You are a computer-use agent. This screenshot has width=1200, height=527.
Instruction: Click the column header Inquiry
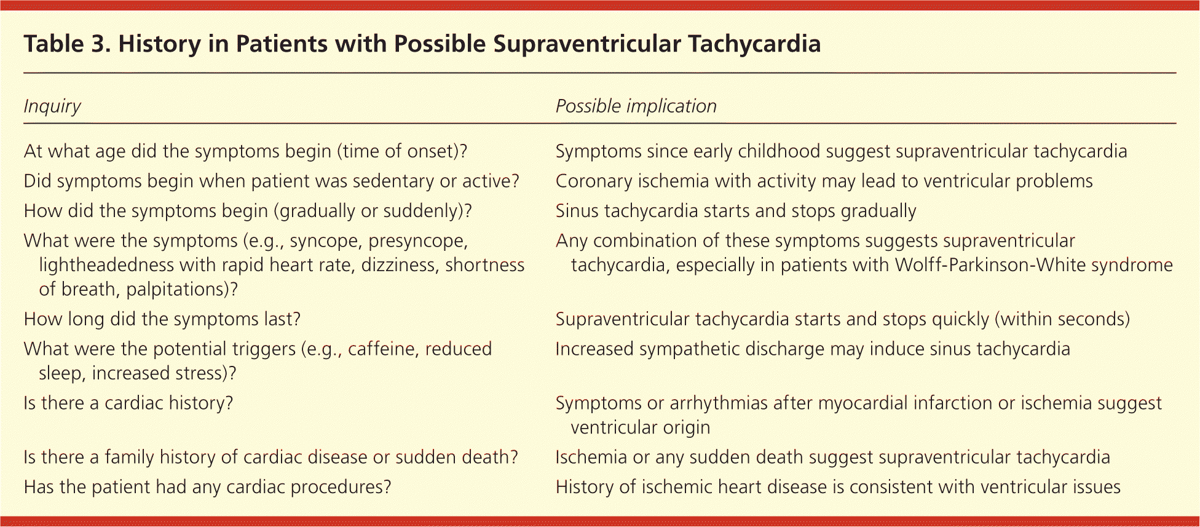[x=52, y=106]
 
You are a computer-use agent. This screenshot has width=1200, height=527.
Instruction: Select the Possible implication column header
[x=636, y=106]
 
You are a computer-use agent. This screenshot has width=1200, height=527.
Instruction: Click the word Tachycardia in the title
[x=754, y=44]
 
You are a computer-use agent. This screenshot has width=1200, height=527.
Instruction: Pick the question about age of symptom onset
[x=246, y=151]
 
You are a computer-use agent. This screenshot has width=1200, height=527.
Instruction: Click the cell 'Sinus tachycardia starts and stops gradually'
[x=736, y=211]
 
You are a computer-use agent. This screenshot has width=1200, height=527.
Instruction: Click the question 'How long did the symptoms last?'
[x=162, y=319]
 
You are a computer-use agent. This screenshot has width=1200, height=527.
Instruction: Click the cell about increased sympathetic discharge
[x=813, y=349]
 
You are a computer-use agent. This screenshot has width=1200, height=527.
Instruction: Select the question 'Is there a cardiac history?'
[x=128, y=403]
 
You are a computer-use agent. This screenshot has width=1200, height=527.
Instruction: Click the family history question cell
[x=271, y=457]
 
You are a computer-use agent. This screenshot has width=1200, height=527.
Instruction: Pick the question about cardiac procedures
[x=207, y=487]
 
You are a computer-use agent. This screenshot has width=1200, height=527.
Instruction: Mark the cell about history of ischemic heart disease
[x=838, y=487]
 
